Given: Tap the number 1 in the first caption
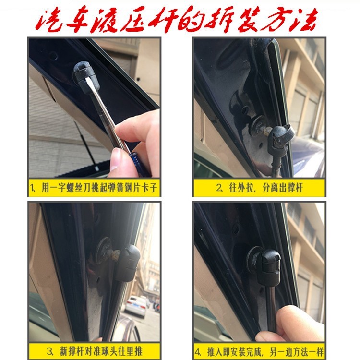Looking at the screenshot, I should pyautogui.click(x=33, y=187).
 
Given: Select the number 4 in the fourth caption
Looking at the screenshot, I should pyautogui.click(x=198, y=349).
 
